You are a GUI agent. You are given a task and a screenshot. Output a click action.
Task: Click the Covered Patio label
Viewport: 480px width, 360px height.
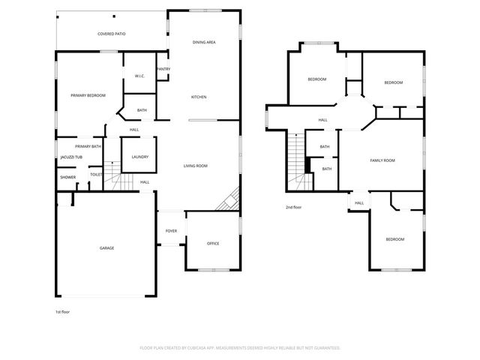tap(110, 34)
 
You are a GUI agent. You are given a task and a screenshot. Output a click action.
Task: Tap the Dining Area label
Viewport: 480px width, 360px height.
tap(204, 42)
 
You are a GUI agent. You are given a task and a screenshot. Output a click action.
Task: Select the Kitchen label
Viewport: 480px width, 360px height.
tap(199, 97)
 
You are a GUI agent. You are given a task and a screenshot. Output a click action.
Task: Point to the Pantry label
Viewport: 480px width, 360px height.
tap(163, 70)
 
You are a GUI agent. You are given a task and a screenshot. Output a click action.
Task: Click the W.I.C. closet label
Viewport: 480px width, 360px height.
tap(139, 76)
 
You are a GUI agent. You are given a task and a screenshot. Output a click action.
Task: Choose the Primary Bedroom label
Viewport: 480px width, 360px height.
tap(88, 95)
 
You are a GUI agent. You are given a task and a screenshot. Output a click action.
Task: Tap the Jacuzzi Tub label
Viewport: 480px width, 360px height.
tap(71, 157)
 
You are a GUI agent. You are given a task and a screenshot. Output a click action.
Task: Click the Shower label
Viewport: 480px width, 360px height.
tap(68, 177)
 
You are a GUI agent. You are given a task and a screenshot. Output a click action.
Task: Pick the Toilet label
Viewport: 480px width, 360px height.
tap(96, 175)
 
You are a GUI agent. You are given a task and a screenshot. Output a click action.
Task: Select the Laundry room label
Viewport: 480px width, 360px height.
tap(139, 157)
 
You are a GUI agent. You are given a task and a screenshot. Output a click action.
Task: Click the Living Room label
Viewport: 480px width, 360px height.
tap(196, 166)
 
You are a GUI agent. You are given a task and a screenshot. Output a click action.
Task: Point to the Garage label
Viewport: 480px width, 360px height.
tap(107, 247)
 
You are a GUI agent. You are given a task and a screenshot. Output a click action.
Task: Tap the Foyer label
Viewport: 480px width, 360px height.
tap(171, 231)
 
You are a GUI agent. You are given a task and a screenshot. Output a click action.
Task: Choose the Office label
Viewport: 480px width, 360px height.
tap(213, 243)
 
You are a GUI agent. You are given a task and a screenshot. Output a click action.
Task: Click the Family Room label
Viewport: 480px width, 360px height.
tap(382, 160)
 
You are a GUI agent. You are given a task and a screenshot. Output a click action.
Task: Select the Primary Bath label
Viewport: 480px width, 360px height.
tap(88, 146)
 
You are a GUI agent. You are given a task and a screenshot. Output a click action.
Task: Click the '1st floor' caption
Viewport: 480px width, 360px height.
tap(63, 311)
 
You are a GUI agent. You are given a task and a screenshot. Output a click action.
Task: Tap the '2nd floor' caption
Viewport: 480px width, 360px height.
tap(293, 207)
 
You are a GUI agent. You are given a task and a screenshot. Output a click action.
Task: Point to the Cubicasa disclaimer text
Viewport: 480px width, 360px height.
tap(240, 348)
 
